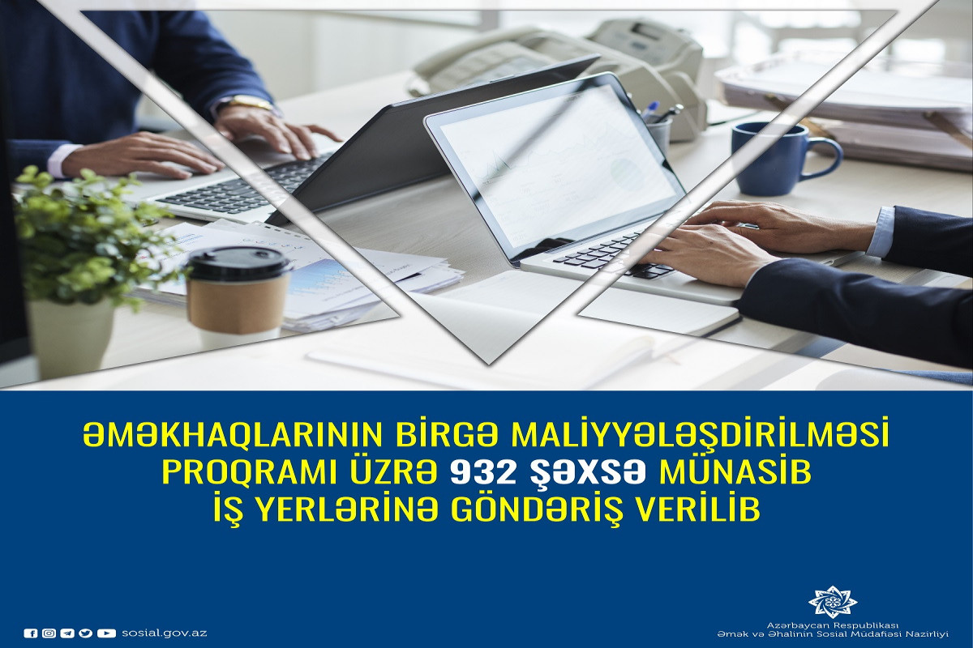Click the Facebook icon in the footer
[31, 633]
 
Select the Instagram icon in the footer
[49, 633]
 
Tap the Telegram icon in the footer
[66, 633]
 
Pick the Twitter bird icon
[86, 633]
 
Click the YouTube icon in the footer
[106, 633]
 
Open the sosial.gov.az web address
[164, 633]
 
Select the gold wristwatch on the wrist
[250, 104]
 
